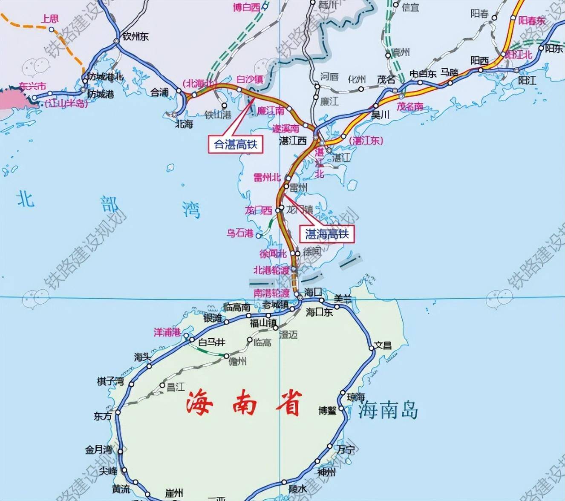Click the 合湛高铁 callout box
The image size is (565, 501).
coord(236,144)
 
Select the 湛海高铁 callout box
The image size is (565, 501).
coord(327,233)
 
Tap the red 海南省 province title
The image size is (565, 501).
coord(244,403)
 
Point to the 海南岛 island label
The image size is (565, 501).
coord(388,410)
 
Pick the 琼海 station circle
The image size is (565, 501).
coord(343,393)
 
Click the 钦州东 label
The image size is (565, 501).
coord(135,37)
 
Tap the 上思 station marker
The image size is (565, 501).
coord(51,29)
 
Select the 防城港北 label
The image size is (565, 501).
coord(105,77)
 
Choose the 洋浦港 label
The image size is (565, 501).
coord(167,332)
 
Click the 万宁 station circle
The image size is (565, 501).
coord(330,446)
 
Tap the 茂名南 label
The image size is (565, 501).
coord(410,107)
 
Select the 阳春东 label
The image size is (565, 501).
coord(532,20)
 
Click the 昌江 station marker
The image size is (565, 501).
coord(162,386)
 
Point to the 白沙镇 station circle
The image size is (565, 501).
coord(239,89)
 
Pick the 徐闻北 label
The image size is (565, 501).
coord(273,253)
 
